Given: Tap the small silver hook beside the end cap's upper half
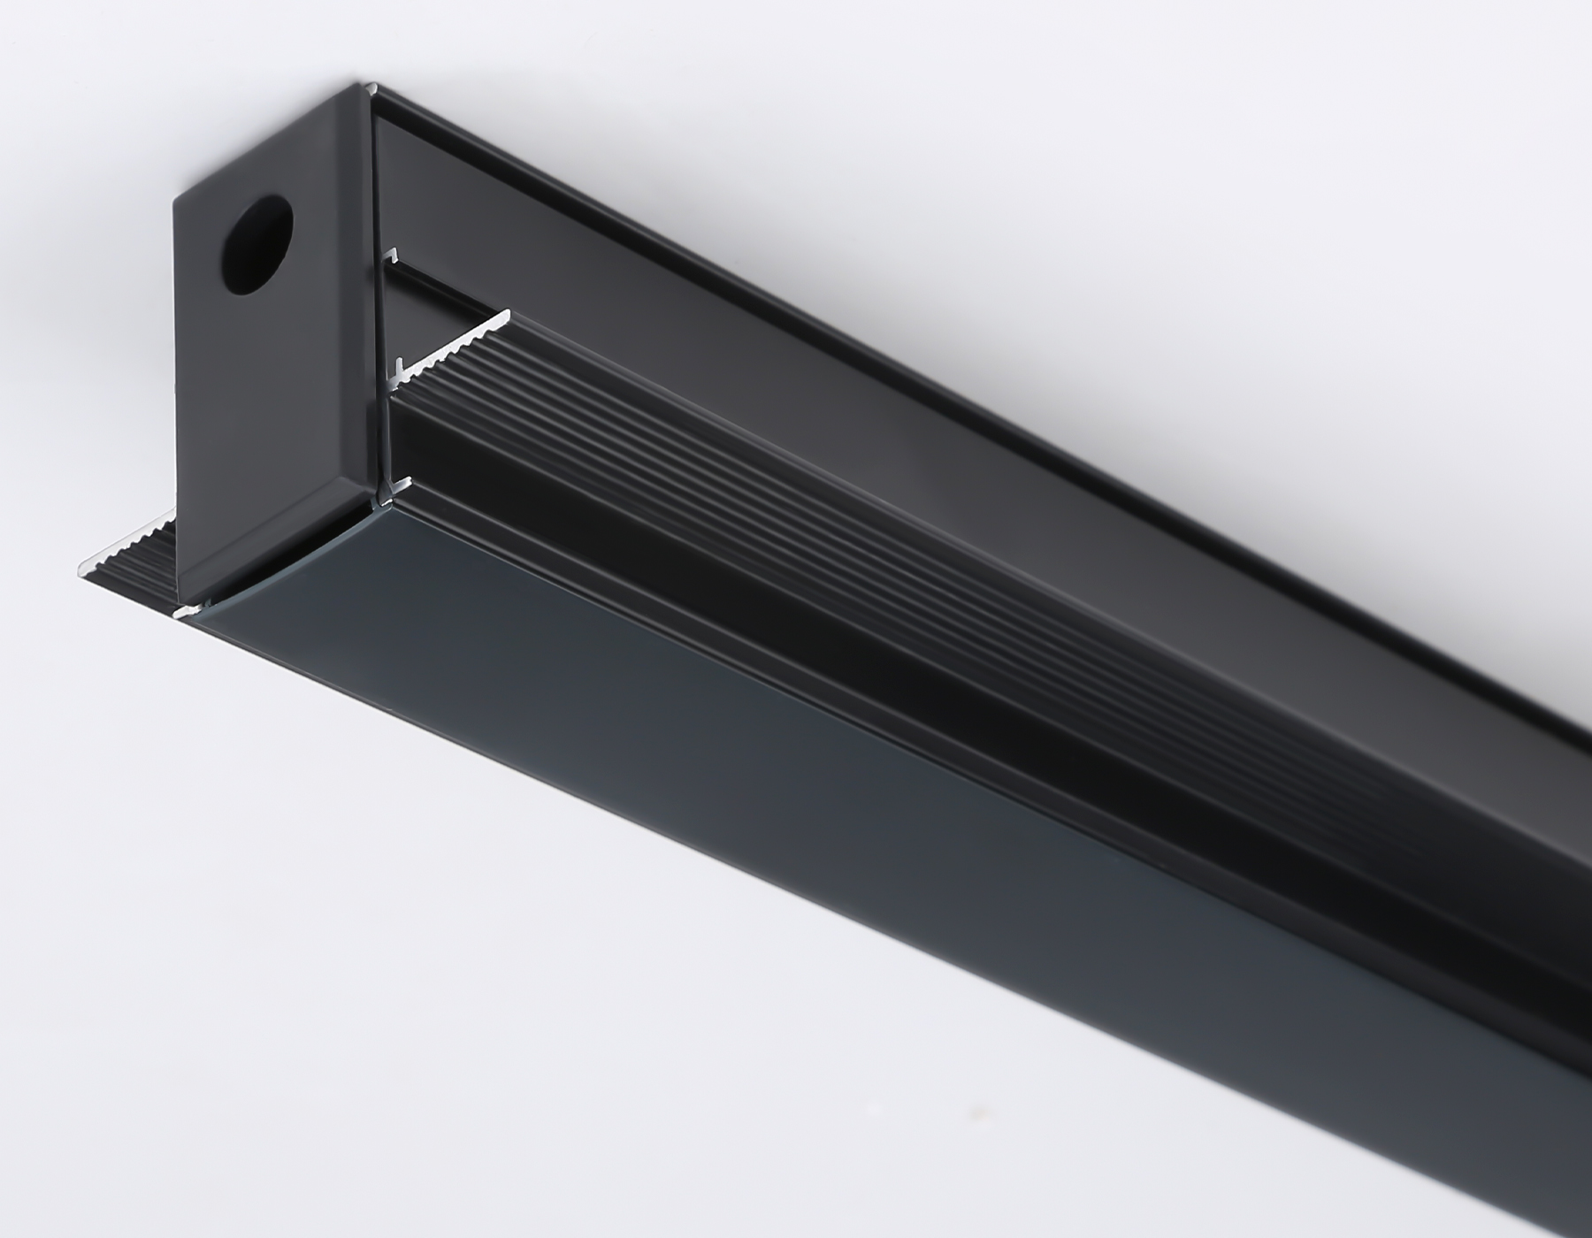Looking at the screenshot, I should coord(387,257).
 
